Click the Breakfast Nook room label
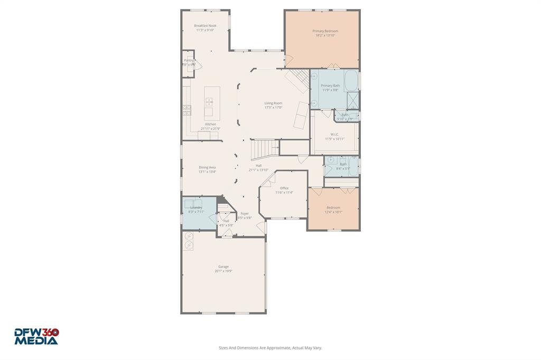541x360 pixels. coord(205,25)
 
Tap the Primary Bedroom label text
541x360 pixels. coord(326,31)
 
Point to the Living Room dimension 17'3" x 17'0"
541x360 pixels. coord(273,107)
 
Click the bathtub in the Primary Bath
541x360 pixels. coord(350,82)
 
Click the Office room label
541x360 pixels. coord(284,188)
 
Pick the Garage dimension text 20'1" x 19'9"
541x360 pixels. coord(223,271)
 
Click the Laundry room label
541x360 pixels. coord(196,208)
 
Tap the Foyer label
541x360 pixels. coord(244,214)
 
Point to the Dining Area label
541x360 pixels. coord(207,167)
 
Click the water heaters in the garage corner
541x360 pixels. coord(189,242)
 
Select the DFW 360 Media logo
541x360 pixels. coord(36,336)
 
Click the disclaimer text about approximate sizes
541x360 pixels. coord(270,348)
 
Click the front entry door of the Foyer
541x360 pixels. coord(260,227)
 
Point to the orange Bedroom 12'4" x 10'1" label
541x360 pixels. coord(333,207)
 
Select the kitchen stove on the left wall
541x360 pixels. coord(187,110)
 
